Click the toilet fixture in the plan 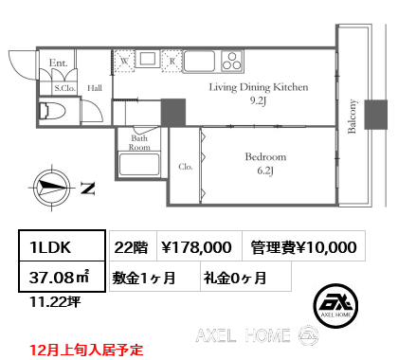click(52, 111)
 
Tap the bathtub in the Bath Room click(139, 164)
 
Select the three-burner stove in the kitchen click(232, 61)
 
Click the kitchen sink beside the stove click(199, 61)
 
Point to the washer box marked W click(124, 61)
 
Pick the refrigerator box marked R click(172, 61)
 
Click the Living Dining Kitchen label click(259, 87)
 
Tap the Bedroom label click(265, 157)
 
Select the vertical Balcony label click(352, 117)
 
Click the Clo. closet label click(186, 167)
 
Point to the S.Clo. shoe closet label click(64, 88)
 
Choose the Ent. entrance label click(59, 63)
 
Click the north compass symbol click(52, 188)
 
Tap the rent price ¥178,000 click(196, 247)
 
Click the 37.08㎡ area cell click(62, 277)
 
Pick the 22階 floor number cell click(133, 246)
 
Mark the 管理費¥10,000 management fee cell click(304, 246)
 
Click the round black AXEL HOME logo click(335, 305)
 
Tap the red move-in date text click(86, 350)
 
